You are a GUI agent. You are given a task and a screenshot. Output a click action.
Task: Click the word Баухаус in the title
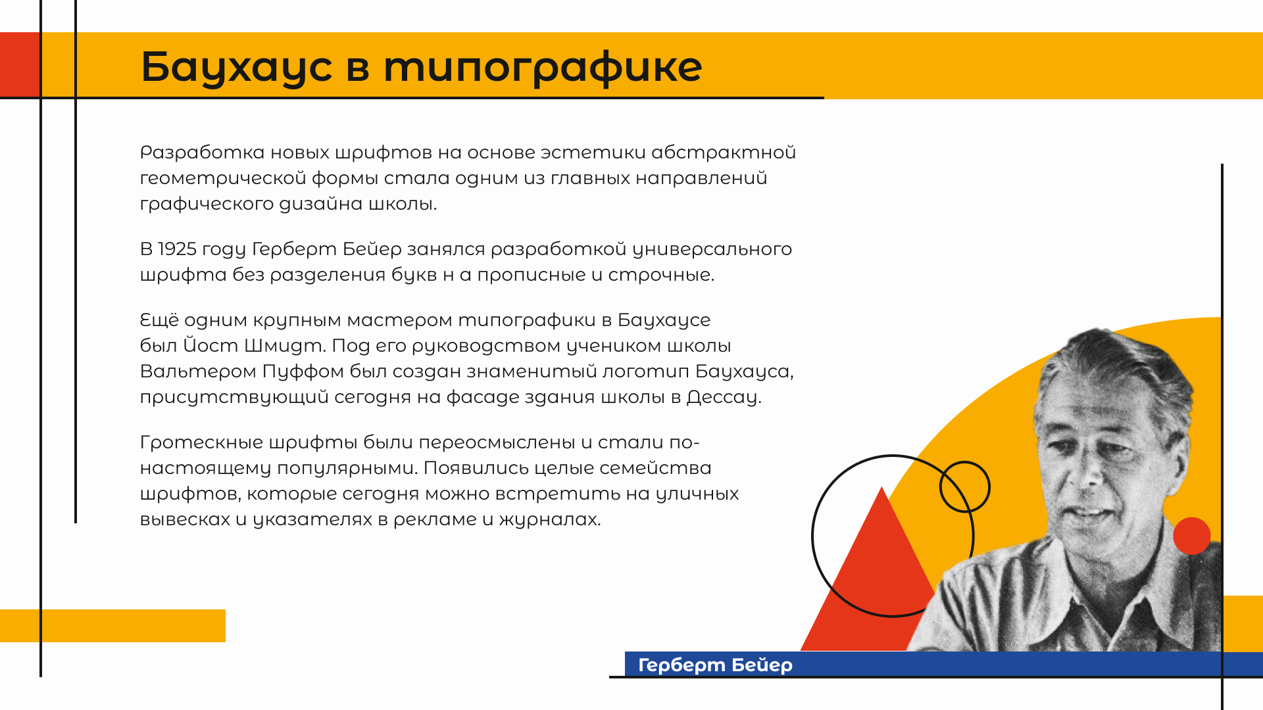237,67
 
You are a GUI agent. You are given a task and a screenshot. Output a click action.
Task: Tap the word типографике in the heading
543,67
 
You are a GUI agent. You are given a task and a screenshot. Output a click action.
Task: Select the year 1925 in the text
178,249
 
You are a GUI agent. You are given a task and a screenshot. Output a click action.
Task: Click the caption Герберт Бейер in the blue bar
715,665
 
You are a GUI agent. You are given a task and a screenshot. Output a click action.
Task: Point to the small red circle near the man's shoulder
1191,536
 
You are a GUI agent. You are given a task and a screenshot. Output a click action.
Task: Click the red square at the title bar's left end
20,64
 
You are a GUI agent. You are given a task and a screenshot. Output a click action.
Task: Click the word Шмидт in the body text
283,346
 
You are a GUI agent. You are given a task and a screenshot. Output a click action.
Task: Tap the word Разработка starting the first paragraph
202,153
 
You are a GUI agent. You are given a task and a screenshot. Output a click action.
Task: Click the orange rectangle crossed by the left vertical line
112,626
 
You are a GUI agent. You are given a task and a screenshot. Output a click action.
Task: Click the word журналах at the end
549,519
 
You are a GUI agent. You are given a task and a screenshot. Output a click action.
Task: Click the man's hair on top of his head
1118,358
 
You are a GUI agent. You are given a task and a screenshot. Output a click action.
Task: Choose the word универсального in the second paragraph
712,249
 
